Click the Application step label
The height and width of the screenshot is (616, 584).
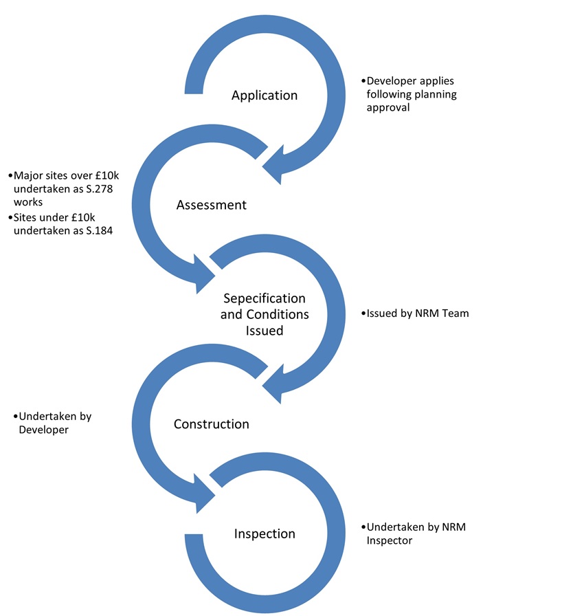tap(265, 96)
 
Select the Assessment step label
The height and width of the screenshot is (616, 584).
tap(211, 205)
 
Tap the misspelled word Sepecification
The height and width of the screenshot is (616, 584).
tap(265, 299)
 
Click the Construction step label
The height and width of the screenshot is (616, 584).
tap(211, 424)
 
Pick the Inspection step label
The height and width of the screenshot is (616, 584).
tap(265, 534)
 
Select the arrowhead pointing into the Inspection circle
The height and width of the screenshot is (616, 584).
tap(202, 492)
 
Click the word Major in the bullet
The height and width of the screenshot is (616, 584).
tap(28, 175)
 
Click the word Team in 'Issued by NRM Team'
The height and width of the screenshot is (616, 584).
tap(456, 313)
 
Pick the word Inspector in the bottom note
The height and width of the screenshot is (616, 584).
tap(390, 540)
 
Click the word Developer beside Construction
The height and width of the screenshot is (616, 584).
tap(42, 430)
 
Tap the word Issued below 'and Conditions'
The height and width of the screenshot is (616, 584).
tap(265, 330)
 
